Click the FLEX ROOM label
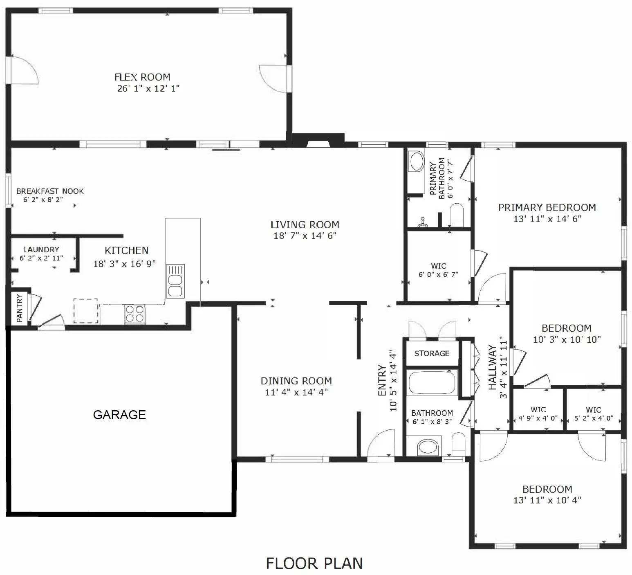(x=142, y=77)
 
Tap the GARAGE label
(x=119, y=415)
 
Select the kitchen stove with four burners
(x=134, y=314)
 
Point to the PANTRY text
(x=19, y=308)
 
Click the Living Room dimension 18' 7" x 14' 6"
(x=305, y=236)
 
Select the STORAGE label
(x=432, y=353)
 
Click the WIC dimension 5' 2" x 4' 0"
(x=594, y=418)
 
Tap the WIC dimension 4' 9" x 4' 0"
(x=538, y=418)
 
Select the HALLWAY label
(x=492, y=368)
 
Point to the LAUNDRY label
(x=41, y=249)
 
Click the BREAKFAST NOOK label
(x=50, y=191)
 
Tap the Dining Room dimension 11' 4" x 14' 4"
(x=296, y=392)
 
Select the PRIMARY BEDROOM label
(x=547, y=207)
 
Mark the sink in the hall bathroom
(x=428, y=447)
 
